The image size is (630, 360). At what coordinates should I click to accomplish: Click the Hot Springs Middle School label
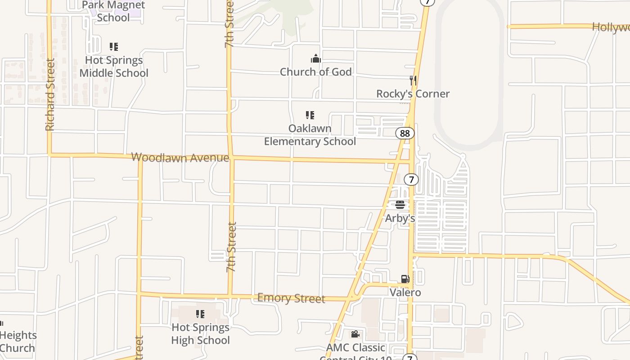[x=114, y=67]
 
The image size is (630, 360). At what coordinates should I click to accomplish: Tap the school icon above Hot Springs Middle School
[x=114, y=47]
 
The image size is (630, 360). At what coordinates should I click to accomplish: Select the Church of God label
[x=316, y=72]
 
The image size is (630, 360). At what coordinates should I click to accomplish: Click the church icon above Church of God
[x=316, y=58]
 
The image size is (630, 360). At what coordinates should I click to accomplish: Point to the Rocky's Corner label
[x=413, y=94]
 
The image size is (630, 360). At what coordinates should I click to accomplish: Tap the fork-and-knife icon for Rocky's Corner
[x=413, y=81]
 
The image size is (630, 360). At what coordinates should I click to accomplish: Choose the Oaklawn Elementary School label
[x=310, y=135]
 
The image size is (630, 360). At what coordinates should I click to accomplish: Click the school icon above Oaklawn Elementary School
[x=310, y=115]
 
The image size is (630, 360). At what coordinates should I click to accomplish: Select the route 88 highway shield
[x=405, y=133]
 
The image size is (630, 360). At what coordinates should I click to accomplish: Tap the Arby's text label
[x=400, y=219]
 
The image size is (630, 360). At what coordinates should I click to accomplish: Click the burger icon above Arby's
[x=400, y=205]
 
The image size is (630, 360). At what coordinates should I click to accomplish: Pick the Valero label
[x=405, y=292]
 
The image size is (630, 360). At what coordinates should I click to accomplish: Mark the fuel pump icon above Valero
[x=405, y=279]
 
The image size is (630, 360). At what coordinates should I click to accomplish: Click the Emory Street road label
[x=291, y=298]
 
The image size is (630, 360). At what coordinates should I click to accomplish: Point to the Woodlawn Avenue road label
[x=180, y=157]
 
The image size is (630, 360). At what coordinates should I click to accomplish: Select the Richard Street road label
[x=50, y=94]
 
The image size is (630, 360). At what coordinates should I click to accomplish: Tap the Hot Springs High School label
[x=200, y=334]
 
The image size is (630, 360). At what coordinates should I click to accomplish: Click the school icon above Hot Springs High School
[x=200, y=314]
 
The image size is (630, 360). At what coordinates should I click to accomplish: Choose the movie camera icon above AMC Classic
[x=355, y=334]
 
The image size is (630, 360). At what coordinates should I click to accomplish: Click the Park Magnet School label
[x=113, y=12]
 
